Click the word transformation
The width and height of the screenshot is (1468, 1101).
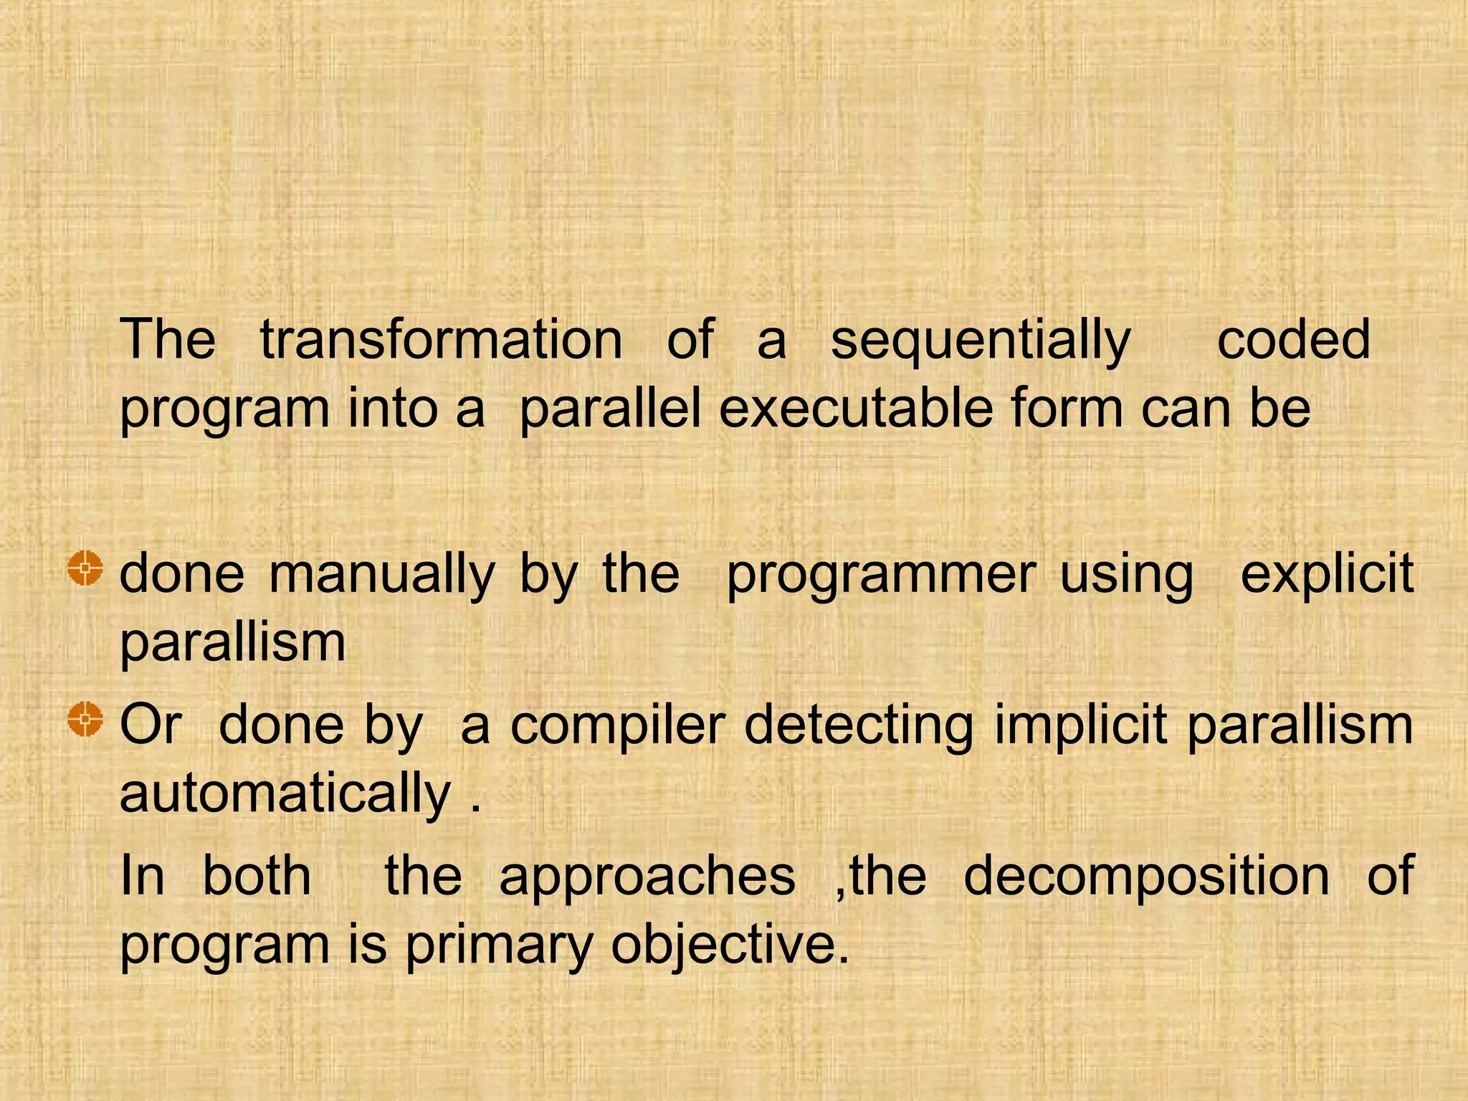point(441,340)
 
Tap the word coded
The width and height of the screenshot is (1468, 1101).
point(1294,340)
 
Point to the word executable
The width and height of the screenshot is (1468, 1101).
point(857,409)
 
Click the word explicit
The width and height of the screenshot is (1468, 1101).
point(1327,575)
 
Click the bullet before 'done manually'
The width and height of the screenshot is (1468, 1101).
point(85,570)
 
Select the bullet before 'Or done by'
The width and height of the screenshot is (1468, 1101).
point(85,720)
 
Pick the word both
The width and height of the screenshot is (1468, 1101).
point(257,876)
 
